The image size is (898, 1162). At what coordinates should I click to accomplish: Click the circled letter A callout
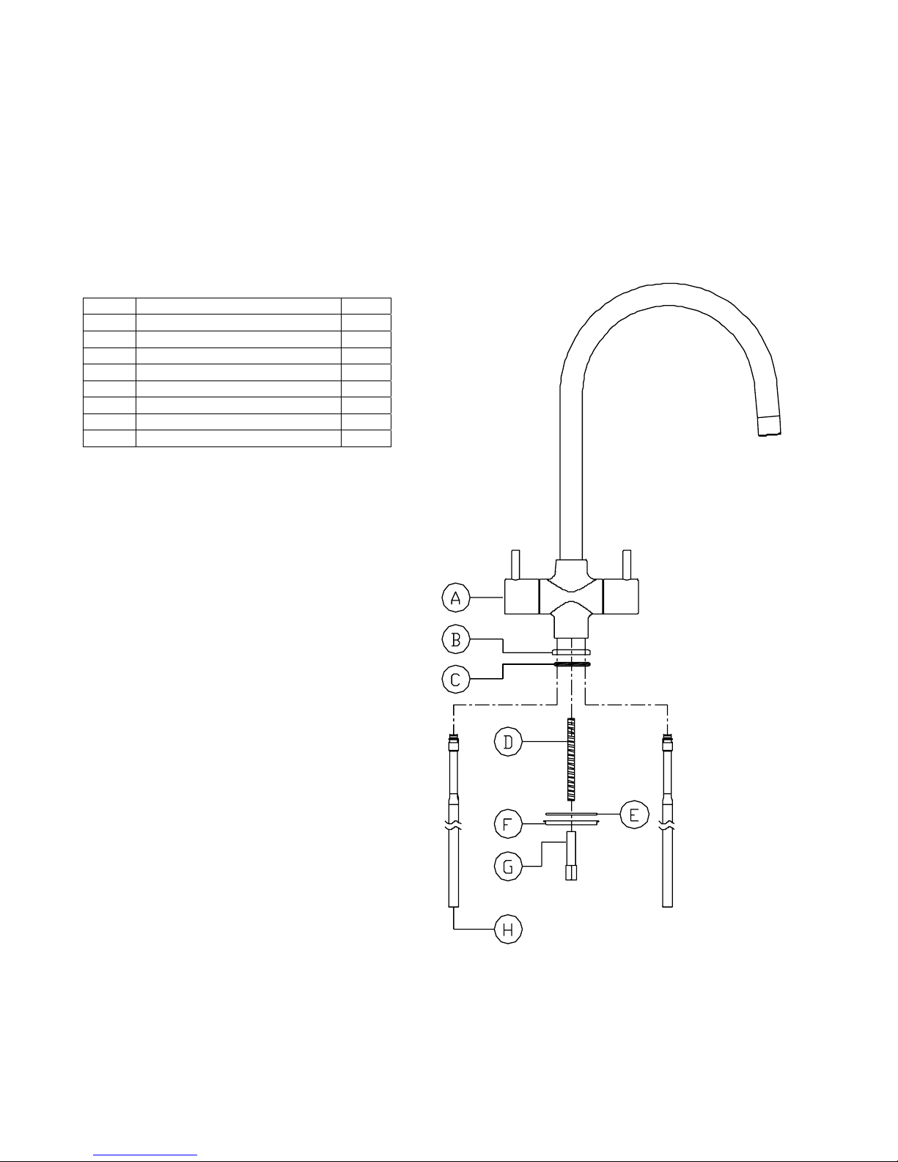456,597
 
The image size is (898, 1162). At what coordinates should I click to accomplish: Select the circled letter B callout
456,639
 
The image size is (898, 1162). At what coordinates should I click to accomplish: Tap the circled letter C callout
456,680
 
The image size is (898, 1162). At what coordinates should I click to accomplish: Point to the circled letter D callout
508,742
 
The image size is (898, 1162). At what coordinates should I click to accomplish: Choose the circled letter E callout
635,815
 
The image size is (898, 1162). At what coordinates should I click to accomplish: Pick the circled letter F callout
508,824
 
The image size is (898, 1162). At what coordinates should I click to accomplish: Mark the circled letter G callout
508,867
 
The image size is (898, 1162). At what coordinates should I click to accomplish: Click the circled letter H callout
508,930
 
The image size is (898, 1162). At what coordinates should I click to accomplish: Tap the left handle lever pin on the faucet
515,565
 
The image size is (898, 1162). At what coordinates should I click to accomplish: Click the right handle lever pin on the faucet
627,565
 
